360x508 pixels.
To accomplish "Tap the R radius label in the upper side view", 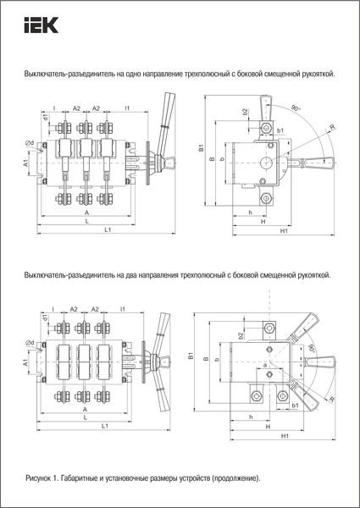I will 333,128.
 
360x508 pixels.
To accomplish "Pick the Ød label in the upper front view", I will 30,142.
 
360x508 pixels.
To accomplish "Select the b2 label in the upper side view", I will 245,112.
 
